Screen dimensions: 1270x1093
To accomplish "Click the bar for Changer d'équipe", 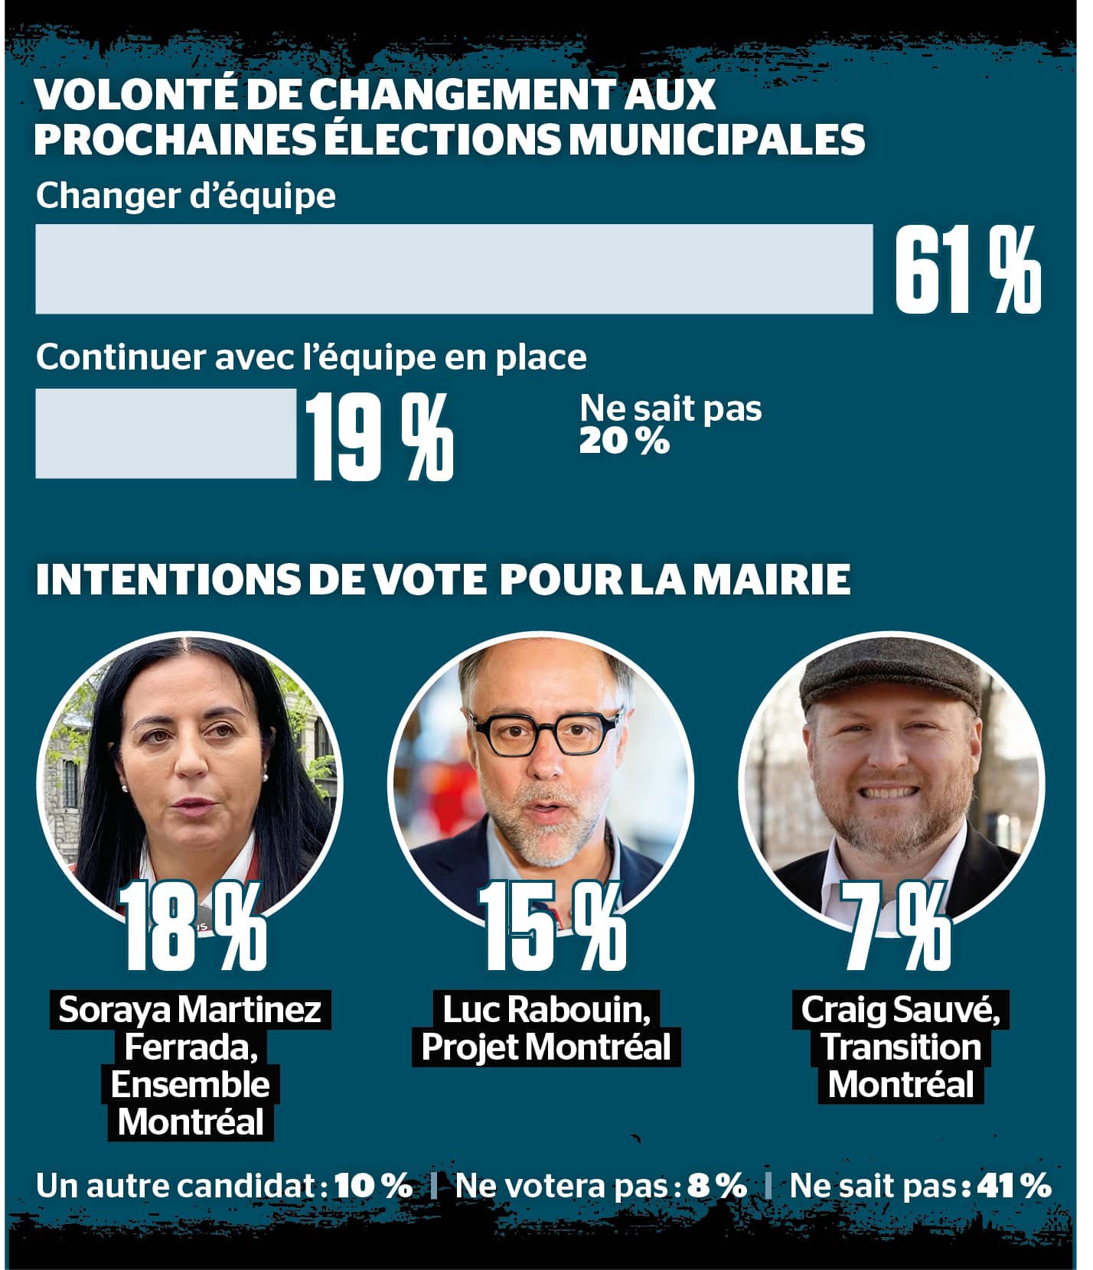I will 454,269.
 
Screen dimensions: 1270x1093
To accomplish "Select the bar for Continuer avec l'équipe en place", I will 165,433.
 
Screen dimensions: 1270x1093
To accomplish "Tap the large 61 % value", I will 967,270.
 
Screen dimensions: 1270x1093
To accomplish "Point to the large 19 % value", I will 380,436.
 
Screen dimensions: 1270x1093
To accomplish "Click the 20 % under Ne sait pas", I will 624,441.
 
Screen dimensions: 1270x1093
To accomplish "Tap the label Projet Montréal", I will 546,1047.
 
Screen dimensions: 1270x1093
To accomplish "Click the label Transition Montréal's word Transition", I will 901,1047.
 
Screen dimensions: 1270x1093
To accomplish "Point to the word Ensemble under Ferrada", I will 191,1085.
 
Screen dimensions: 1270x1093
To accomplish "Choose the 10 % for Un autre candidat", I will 373,1186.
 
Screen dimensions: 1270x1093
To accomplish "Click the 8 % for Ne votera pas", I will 716,1186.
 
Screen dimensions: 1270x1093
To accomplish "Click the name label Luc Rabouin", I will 546,1010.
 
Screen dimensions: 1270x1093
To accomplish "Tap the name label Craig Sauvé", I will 901,1010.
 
